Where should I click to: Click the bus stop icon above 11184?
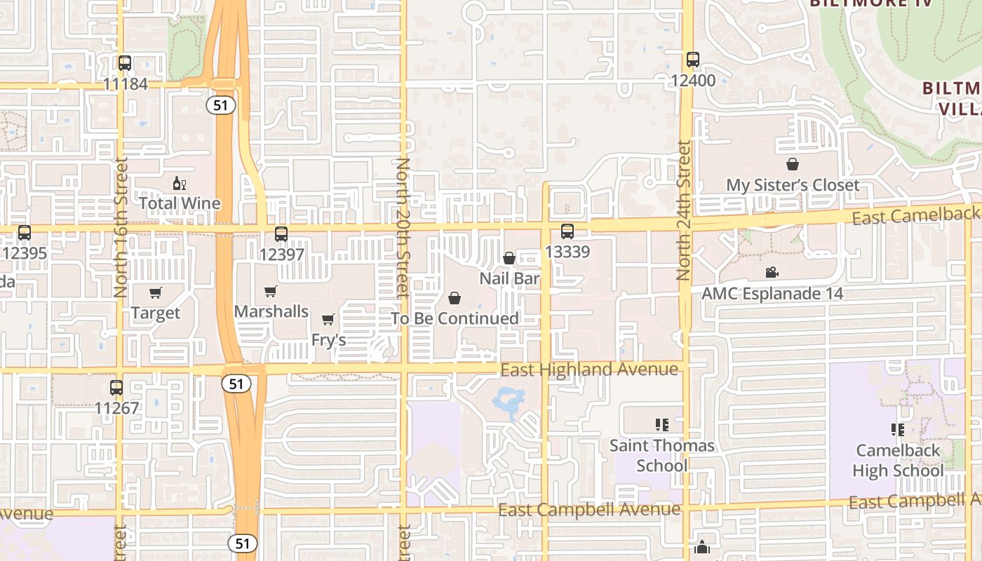(125, 63)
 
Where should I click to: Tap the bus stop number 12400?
(693, 81)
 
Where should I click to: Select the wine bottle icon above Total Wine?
(180, 184)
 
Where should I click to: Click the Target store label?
(156, 313)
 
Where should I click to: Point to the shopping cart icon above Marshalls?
(271, 291)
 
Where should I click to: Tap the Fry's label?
(329, 340)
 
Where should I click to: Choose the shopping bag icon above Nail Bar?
(509, 258)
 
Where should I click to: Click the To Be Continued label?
(455, 318)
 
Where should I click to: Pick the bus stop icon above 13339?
(567, 231)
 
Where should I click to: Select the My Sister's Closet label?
(793, 185)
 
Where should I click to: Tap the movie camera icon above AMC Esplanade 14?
(772, 273)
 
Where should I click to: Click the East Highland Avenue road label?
(589, 370)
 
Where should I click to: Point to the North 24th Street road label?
(684, 210)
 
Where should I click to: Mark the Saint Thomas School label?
(661, 455)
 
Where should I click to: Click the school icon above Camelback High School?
(897, 429)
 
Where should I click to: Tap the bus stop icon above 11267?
(116, 387)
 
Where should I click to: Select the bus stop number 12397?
(281, 254)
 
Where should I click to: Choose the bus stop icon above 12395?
(25, 233)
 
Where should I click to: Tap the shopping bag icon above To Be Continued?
(455, 299)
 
